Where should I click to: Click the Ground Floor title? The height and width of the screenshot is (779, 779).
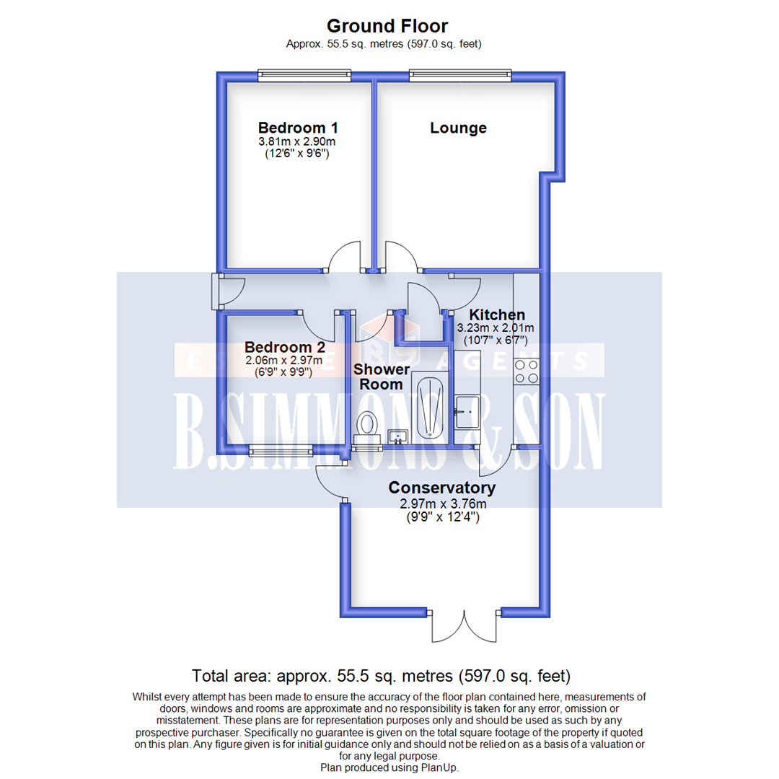pyautogui.click(x=387, y=26)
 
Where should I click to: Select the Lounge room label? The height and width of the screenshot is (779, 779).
pyautogui.click(x=458, y=128)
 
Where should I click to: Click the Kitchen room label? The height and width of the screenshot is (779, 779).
pyautogui.click(x=497, y=314)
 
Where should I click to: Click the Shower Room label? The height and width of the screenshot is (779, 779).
pyautogui.click(x=382, y=377)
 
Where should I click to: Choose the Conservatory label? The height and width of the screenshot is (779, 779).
pyautogui.click(x=442, y=488)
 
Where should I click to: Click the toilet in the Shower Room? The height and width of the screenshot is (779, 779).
pyautogui.click(x=368, y=423)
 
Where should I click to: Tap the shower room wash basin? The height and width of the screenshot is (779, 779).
pyautogui.click(x=397, y=436)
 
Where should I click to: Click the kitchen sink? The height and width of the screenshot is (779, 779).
pyautogui.click(x=465, y=412)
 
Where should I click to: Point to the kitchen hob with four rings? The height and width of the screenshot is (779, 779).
pyautogui.click(x=526, y=370)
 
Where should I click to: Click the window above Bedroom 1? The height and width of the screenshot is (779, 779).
pyautogui.click(x=305, y=73)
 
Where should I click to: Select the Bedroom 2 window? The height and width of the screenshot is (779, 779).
pyautogui.click(x=281, y=452)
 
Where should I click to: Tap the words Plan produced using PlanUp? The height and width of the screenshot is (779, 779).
pyautogui.click(x=389, y=768)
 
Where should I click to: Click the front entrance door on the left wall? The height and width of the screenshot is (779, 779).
pyautogui.click(x=219, y=291)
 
